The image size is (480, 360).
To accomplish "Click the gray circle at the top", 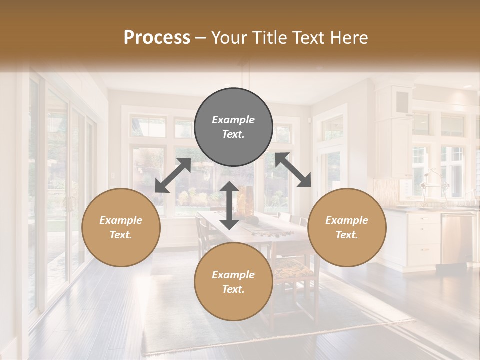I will point(233,127).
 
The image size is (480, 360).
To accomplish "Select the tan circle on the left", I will point(121,227).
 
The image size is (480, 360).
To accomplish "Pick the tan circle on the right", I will point(347,227).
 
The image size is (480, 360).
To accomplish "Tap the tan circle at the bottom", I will point(233,282).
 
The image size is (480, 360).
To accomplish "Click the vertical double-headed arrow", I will point(229,205).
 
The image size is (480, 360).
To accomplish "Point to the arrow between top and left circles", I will point(173,175).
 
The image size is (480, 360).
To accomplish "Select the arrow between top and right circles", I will point(293,170).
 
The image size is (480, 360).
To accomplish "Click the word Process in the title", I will point(157,37).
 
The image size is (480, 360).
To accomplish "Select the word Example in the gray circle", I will point(233,120).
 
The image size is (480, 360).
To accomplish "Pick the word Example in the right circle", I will point(347,220).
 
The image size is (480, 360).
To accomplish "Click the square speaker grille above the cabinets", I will point(402,102).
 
